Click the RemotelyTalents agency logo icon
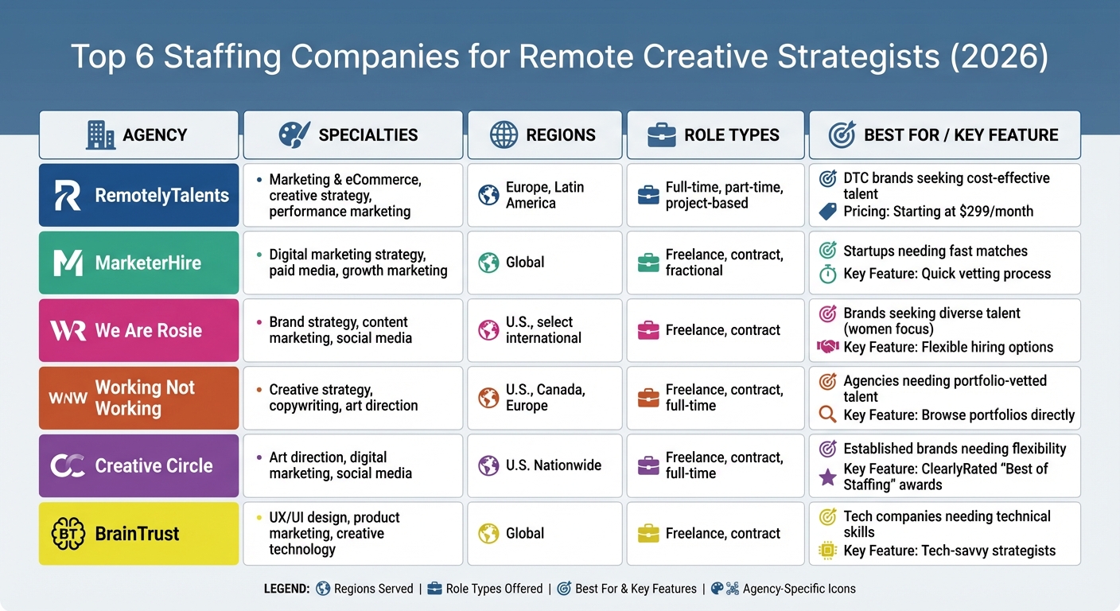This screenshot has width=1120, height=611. coord(68,196)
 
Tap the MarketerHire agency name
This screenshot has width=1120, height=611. coord(148,263)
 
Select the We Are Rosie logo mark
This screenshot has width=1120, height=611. coord(68,330)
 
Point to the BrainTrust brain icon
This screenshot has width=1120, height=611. coord(68,533)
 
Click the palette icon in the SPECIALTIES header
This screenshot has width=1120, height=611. coord(294,134)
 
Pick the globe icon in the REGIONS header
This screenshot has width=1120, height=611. coord(504,134)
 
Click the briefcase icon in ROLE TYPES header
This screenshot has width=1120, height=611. coord(661,135)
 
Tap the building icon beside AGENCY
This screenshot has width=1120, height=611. coord(100,134)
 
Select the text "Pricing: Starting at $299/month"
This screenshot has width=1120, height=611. coord(938,212)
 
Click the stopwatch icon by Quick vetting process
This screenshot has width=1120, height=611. coord(828,274)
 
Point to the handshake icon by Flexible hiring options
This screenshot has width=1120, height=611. coord(828,347)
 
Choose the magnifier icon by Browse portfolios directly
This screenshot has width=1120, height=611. coord(828,414)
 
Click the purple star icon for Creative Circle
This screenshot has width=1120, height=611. coord(828,477)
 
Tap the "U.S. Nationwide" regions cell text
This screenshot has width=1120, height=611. coord(554,465)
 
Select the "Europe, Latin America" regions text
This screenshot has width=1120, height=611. coord(545,195)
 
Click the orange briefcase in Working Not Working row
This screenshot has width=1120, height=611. coord(649,398)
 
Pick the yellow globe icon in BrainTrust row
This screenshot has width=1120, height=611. coord(488,533)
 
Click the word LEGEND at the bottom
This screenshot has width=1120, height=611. coord(286,589)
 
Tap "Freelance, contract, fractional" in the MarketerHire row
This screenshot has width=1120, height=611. coord(724,263)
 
